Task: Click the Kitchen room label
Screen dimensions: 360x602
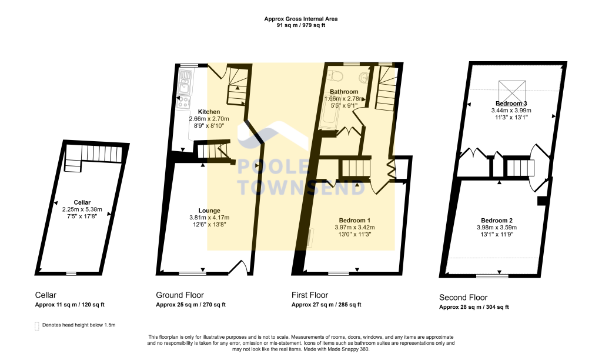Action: click(209, 112)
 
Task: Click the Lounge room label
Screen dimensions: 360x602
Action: click(209, 211)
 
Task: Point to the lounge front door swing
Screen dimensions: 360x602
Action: click(238, 267)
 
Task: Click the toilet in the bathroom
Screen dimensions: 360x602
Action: click(336, 76)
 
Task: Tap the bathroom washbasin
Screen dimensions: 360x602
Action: click(365, 76)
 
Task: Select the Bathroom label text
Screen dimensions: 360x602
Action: click(344, 92)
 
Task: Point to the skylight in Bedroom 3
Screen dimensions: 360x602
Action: click(512, 90)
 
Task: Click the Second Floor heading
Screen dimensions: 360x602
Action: click(463, 298)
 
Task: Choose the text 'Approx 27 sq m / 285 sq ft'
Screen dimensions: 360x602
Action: click(326, 305)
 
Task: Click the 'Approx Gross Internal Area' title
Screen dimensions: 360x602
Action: click(301, 19)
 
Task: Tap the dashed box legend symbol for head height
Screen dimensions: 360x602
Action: click(37, 325)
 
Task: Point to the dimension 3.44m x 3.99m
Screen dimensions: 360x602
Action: click(511, 110)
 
